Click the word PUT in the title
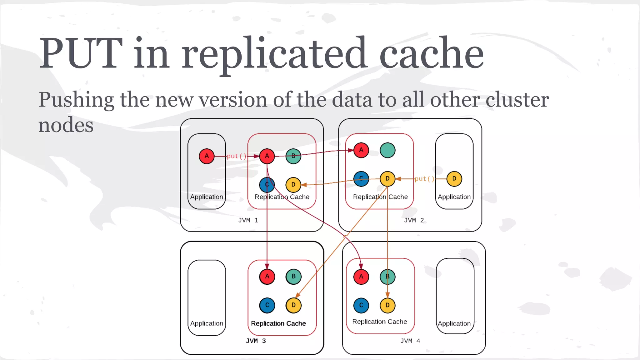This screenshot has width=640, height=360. (81, 53)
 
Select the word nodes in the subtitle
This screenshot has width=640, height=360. (66, 125)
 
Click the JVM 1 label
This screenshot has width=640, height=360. (248, 220)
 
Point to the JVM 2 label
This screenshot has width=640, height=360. (414, 220)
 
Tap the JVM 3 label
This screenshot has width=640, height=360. (256, 341)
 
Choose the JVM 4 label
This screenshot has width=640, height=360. (410, 341)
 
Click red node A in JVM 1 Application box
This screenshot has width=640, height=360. (207, 156)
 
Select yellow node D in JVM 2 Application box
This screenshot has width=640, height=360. (454, 179)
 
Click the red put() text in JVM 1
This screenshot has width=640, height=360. (237, 156)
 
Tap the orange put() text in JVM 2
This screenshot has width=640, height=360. (424, 179)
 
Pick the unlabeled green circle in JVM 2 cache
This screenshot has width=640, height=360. (387, 150)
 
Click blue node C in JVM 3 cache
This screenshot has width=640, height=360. (267, 305)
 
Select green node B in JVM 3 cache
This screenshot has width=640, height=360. (293, 277)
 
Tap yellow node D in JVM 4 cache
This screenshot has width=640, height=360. (387, 305)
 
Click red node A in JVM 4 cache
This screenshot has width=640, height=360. (361, 277)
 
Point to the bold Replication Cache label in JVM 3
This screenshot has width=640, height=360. (278, 323)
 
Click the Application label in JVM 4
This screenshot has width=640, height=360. (454, 323)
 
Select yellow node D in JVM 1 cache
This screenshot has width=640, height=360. (293, 184)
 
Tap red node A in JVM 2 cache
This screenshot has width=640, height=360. (361, 150)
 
